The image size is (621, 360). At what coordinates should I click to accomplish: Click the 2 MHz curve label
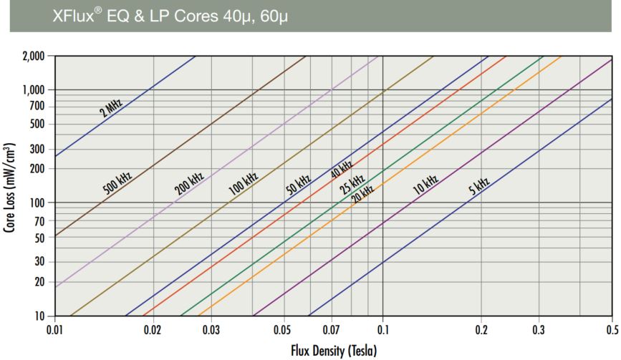[x=110, y=108]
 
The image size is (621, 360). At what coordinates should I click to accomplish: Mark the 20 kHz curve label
[x=362, y=193]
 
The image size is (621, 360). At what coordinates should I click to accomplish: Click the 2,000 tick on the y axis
[x=33, y=56]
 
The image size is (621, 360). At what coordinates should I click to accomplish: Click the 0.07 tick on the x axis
[x=330, y=331]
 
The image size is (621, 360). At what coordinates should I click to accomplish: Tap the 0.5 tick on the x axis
[x=611, y=331]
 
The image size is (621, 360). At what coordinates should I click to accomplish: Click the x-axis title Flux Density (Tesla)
[x=333, y=351]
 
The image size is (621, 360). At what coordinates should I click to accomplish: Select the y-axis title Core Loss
[x=10, y=186]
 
